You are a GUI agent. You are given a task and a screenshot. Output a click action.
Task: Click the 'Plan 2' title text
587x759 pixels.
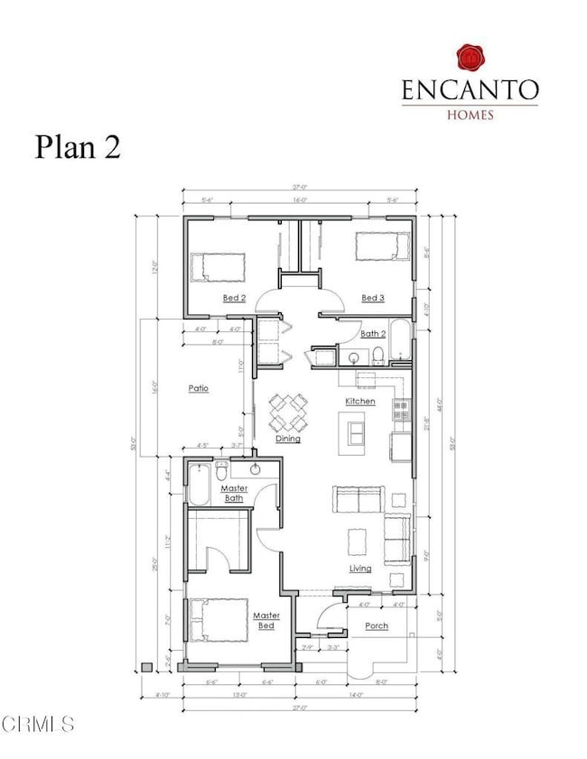coord(78,146)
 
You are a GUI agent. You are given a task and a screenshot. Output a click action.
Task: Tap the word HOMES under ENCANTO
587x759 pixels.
coord(470,115)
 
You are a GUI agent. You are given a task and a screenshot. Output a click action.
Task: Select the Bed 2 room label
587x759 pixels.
coord(235,298)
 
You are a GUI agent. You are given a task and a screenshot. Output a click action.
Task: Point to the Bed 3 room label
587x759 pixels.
coord(373,298)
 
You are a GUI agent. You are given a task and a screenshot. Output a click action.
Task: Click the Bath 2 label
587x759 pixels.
coord(373,334)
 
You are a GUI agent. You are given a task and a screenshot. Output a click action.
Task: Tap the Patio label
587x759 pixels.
coord(199,388)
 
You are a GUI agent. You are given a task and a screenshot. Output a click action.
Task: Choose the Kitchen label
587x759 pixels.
coord(360,401)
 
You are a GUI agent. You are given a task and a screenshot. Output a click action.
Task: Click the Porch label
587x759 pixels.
coord(377,625)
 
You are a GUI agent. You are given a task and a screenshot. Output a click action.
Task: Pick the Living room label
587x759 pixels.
coord(360,569)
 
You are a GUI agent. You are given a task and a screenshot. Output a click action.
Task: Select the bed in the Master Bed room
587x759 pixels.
coord(219,621)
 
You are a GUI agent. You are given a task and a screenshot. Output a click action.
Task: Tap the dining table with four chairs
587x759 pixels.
coord(289,414)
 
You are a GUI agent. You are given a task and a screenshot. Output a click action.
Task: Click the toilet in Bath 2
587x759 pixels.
coord(380,355)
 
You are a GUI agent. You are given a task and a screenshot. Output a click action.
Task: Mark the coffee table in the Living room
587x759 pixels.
coord(359,541)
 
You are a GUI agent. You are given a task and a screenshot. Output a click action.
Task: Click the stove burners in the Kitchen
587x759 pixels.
coord(400,412)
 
